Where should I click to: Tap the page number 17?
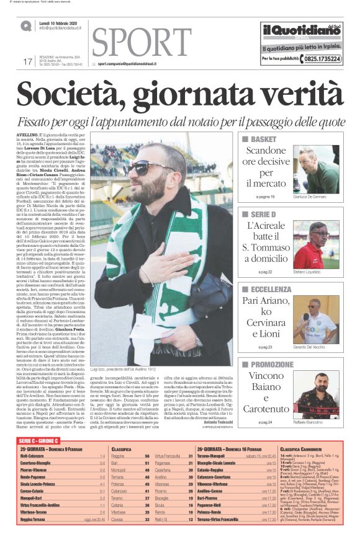click(27, 61)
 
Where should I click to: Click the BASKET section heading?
click(263, 140)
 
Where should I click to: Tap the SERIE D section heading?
click(264, 214)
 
